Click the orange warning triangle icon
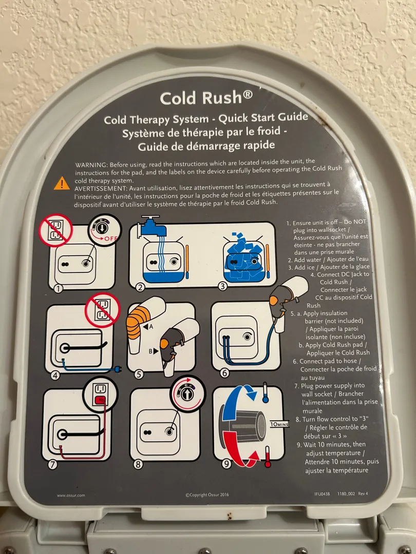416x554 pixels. point(62,183)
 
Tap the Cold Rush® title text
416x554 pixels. point(206,97)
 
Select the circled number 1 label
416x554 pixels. point(58,288)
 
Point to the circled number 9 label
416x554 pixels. point(226,463)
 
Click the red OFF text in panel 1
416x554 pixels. point(110,239)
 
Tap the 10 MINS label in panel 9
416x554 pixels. point(279,424)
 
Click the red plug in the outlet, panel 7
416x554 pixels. point(101,400)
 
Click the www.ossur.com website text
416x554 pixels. point(71,496)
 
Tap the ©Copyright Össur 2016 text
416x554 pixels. point(207,494)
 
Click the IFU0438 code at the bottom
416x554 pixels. point(322,493)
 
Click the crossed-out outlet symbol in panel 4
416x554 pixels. point(103,310)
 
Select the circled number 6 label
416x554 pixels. point(224,373)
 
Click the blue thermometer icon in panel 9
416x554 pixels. point(265,392)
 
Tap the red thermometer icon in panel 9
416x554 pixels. point(268,457)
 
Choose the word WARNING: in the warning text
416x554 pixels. point(91,165)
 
